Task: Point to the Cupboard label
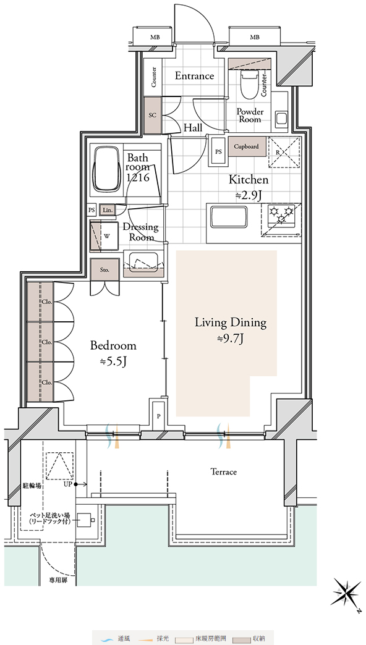[246, 146]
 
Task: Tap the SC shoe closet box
[153, 116]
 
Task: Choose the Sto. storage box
[105, 270]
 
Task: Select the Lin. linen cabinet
[107, 210]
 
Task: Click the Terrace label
[224, 472]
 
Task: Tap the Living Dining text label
[231, 322]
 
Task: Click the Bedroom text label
[113, 346]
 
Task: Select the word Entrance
[194, 76]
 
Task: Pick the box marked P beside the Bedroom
[158, 415]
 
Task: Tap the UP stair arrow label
[69, 484]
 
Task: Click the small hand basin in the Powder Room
[282, 119]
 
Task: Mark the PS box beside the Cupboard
[218, 151]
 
